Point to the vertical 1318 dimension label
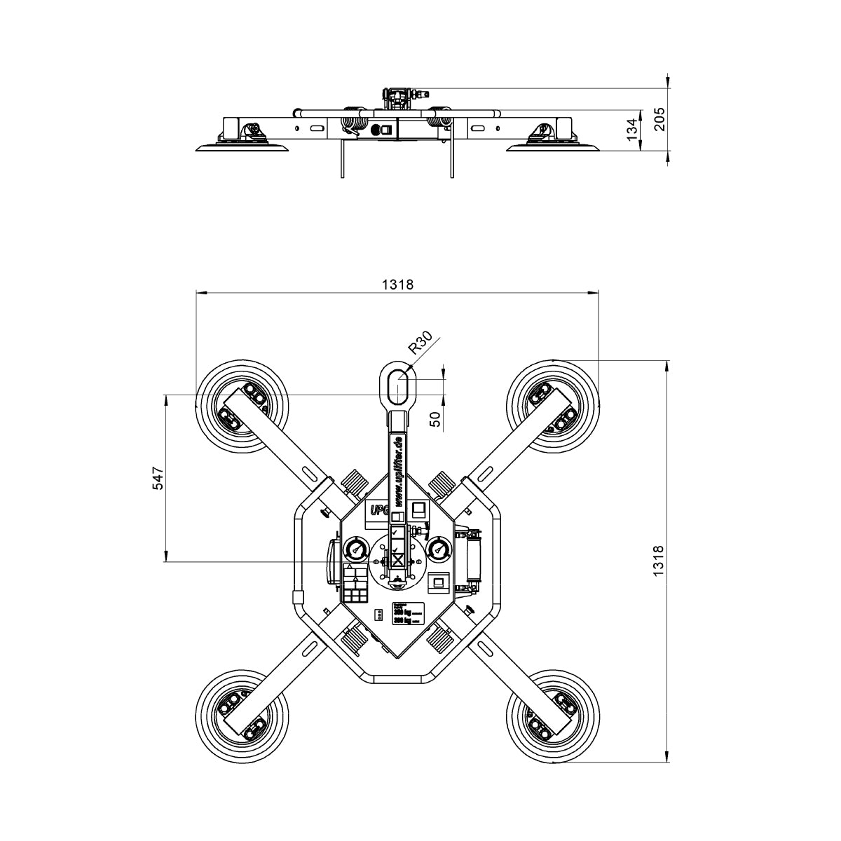click(x=657, y=561)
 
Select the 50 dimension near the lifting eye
click(x=435, y=419)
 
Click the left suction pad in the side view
click(x=243, y=146)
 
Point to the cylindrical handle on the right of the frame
click(x=476, y=559)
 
